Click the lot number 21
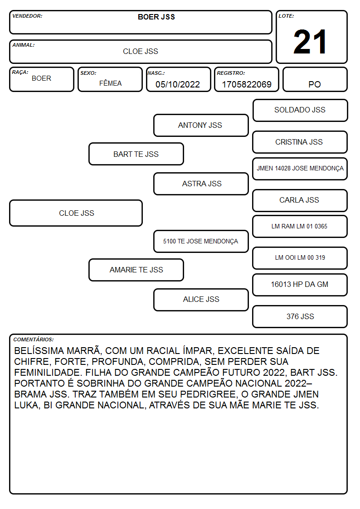pyautogui.click(x=310, y=42)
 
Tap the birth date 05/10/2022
pyautogui.click(x=178, y=84)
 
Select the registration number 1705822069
pyautogui.click(x=247, y=84)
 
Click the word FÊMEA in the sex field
pyautogui.click(x=110, y=83)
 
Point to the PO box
pyautogui.click(x=315, y=79)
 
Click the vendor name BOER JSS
pyautogui.click(x=156, y=17)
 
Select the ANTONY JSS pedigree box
pyautogui.click(x=201, y=125)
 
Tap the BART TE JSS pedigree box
pyautogui.click(x=136, y=154)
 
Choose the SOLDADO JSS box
pyautogui.click(x=300, y=111)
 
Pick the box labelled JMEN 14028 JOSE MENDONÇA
pyautogui.click(x=300, y=169)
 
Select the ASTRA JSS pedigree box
pyautogui.click(x=201, y=184)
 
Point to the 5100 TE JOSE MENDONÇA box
pyautogui.click(x=201, y=242)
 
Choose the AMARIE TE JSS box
pyautogui.click(x=136, y=270)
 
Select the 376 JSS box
pyautogui.click(x=300, y=316)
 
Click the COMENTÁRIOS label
pyautogui.click(x=34, y=339)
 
